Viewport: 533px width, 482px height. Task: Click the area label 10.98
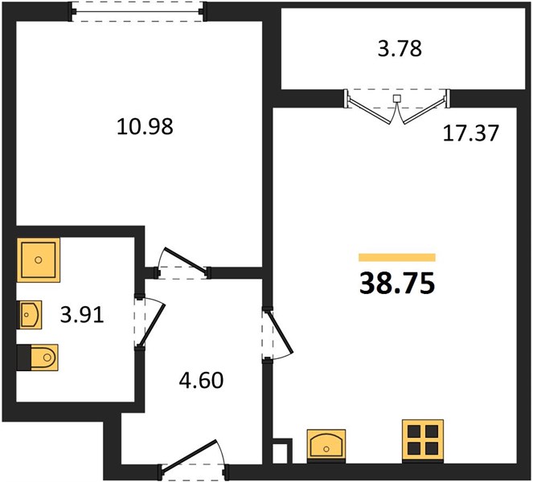tap(145, 126)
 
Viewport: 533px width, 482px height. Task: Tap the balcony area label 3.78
tap(400, 48)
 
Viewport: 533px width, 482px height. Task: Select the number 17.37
tap(471, 133)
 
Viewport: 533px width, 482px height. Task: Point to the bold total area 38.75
tap(397, 283)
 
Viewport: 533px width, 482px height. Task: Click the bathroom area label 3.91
tap(82, 315)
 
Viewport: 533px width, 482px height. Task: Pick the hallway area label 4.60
tap(201, 380)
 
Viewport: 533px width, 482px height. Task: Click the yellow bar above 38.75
tap(397, 258)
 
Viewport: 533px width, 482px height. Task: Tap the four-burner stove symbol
tap(423, 440)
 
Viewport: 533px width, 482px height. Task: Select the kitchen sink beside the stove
tap(326, 446)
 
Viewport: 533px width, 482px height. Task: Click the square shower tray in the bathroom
tap(39, 259)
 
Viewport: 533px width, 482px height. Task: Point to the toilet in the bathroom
tap(38, 357)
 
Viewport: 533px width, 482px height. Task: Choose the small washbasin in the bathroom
tap(30, 315)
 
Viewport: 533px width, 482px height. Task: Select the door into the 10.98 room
tap(182, 261)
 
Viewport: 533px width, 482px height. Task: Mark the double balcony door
tap(397, 108)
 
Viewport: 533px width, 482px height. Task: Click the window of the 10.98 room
tap(137, 11)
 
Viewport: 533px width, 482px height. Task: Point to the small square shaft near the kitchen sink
tap(282, 451)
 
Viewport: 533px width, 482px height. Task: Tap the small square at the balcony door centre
tap(396, 99)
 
